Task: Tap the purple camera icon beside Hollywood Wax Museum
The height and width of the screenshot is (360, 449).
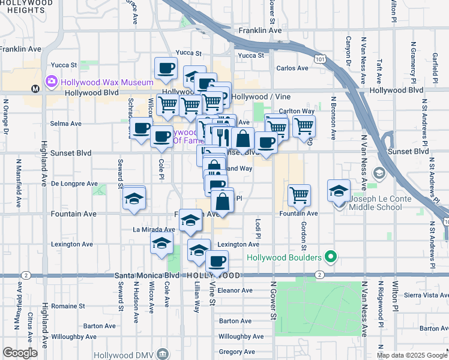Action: click(51, 81)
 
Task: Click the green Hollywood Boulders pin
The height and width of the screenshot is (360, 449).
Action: click(330, 258)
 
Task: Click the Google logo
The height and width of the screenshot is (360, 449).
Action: click(20, 353)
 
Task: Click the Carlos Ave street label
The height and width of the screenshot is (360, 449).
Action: click(292, 68)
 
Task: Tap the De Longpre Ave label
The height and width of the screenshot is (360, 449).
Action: click(74, 184)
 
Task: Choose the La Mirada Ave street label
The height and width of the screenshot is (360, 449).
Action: click(154, 229)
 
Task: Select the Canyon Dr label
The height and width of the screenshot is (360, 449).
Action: click(348, 52)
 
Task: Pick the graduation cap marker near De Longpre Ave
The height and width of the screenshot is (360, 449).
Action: click(134, 198)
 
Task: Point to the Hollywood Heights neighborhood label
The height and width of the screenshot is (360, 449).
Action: click(26, 7)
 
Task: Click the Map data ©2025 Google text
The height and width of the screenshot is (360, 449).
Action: click(411, 355)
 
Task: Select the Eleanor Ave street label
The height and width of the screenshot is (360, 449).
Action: click(235, 290)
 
